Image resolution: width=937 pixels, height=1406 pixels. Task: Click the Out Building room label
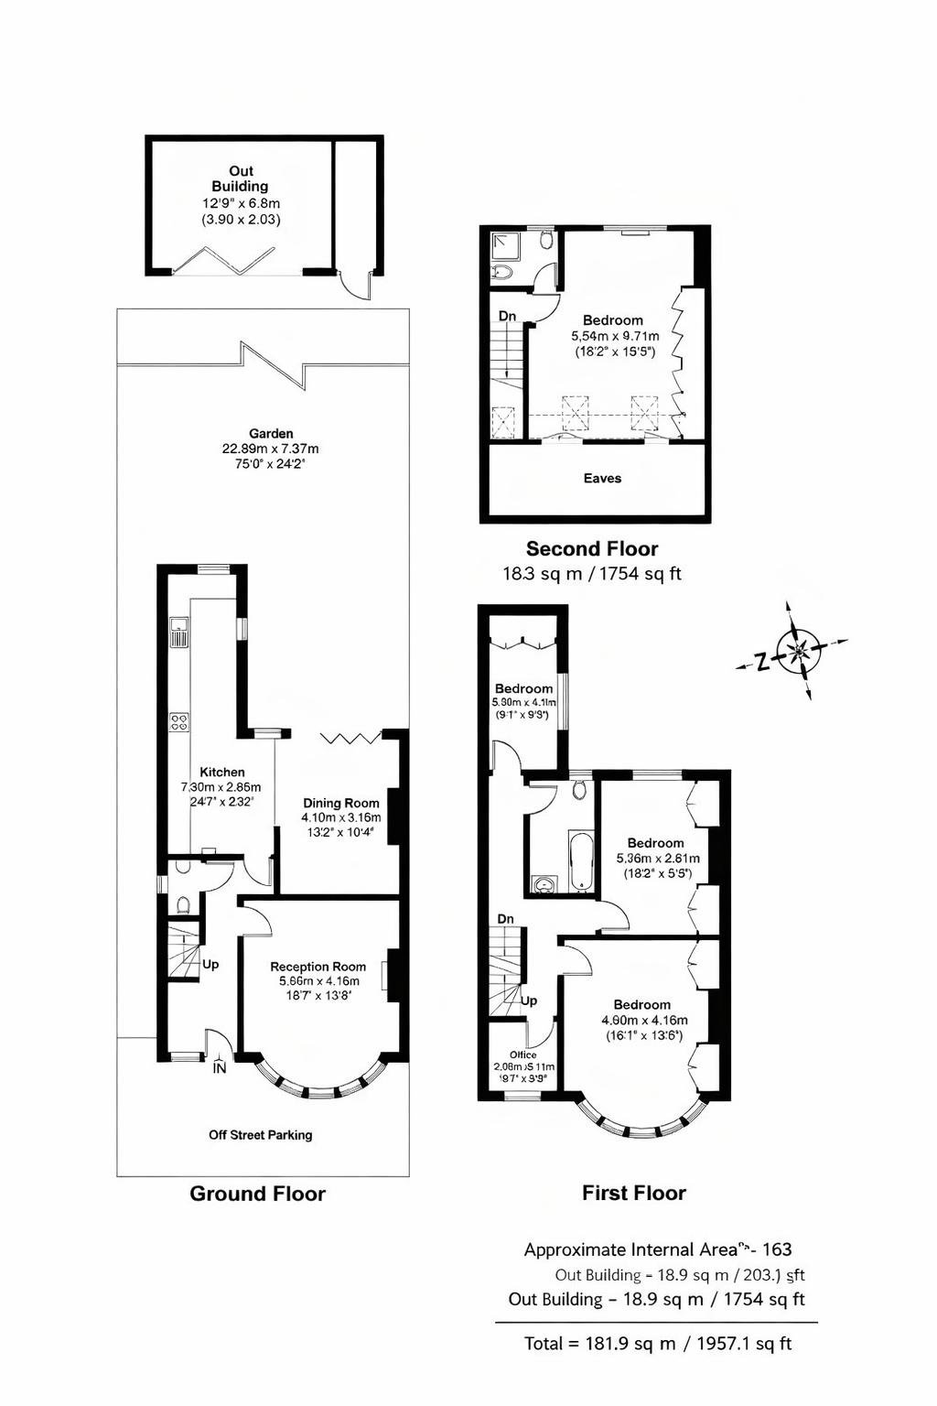[241, 178]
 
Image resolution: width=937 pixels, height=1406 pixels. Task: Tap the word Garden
[271, 434]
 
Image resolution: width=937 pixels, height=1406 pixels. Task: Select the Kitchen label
[222, 772]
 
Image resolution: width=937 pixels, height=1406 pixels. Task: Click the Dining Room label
[341, 803]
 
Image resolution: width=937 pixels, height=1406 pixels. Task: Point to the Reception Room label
[318, 967]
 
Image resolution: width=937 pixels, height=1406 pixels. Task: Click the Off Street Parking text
[261, 1135]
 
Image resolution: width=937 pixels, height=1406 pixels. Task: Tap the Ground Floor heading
[257, 1194]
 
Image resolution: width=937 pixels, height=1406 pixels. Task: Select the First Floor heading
[633, 1193]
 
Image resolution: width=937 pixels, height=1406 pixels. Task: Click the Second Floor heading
[592, 549]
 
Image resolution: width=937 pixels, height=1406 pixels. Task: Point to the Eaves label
[602, 478]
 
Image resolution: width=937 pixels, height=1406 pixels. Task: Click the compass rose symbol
[798, 652]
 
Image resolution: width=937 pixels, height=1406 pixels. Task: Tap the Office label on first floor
[523, 1054]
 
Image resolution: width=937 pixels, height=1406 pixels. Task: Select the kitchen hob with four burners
[179, 721]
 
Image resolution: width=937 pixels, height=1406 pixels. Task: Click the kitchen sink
[179, 632]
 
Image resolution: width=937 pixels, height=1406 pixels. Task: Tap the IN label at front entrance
[220, 1068]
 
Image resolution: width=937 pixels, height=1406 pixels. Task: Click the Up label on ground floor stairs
[210, 965]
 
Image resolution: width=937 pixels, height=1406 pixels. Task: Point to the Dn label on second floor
[507, 316]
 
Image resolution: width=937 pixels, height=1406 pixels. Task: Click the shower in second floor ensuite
[503, 244]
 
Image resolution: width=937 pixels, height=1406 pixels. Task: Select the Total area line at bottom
[657, 1344]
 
